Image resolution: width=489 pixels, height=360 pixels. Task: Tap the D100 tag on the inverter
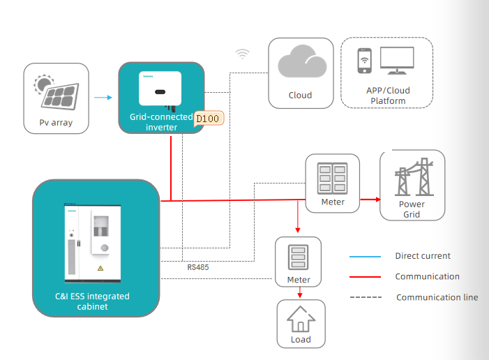(x=207, y=119)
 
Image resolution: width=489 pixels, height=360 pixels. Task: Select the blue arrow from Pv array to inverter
(x=103, y=98)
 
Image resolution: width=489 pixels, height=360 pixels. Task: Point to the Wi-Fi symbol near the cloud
(x=242, y=53)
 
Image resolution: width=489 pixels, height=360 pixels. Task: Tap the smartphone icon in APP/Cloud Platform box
(x=364, y=61)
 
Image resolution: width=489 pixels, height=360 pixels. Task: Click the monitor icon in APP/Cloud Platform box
(x=396, y=61)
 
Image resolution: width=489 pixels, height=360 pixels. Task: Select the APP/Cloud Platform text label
(x=388, y=96)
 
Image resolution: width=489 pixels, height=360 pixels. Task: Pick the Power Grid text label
(x=412, y=209)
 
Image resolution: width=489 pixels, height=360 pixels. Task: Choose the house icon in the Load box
(x=301, y=320)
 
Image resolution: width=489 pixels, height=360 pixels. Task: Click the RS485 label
(x=197, y=267)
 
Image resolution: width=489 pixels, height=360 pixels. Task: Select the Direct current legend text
(x=423, y=256)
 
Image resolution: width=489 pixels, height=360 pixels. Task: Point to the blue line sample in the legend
(x=366, y=257)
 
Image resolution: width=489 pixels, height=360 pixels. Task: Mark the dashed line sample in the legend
(x=366, y=297)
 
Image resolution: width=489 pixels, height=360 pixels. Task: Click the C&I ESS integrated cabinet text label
(x=92, y=301)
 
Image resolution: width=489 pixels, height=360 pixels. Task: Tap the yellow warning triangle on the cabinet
(x=100, y=268)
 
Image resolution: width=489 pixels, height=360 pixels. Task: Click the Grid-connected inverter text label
(x=161, y=122)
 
